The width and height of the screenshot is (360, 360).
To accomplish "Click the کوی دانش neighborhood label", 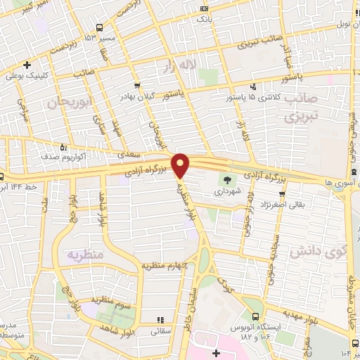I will tap(319, 250).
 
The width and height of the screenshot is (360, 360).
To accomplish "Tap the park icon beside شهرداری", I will tap(226, 180).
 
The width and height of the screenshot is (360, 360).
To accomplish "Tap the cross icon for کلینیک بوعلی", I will tap(27, 65).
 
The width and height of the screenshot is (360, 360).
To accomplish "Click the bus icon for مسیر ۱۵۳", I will tap(89, 36).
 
